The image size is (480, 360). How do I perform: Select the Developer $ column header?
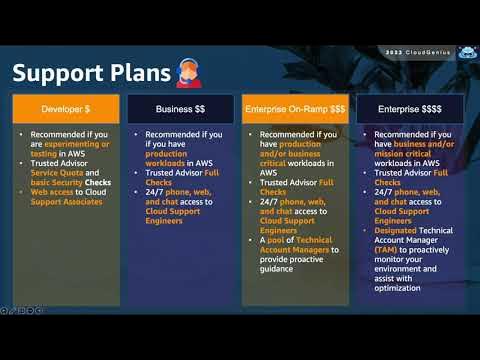63,108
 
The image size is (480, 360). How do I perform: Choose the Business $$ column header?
180,108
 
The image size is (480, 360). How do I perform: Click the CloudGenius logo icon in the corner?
466,53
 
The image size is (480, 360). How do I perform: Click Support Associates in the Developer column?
65,202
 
